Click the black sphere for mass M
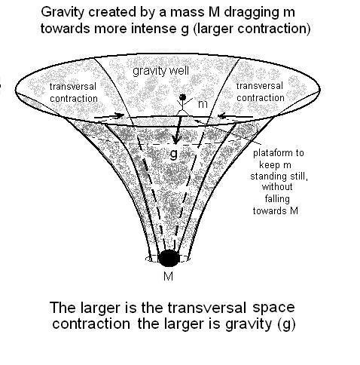coord(169,258)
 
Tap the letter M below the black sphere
coord(168,277)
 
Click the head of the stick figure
coord(183,97)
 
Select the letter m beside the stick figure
coord(203,104)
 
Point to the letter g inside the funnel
coord(174,154)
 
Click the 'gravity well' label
coord(160,71)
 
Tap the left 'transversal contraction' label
coord(73,93)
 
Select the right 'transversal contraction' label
coord(260,92)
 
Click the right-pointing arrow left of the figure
coord(109,116)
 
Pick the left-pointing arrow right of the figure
coord(235,116)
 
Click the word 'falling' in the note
coord(277,199)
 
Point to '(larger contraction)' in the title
coord(252,29)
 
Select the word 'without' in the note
coord(277,187)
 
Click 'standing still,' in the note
coord(279,176)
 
